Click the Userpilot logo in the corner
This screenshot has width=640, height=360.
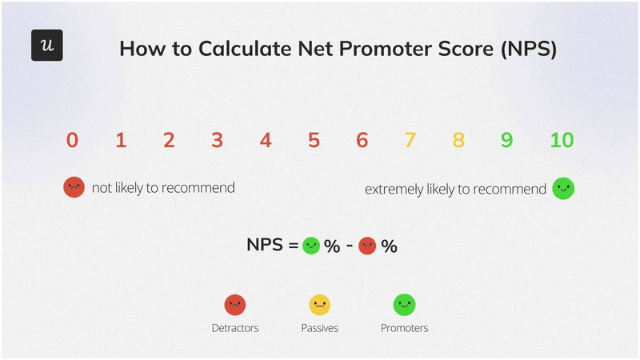click(47, 46)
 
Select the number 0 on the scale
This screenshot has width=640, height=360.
click(72, 141)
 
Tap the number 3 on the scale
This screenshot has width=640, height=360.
click(217, 141)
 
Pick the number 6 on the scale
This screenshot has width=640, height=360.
click(362, 141)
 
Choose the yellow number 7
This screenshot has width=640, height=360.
click(410, 141)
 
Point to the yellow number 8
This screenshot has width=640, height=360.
click(458, 141)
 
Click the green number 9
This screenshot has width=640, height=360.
click(506, 141)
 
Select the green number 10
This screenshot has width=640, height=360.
click(562, 141)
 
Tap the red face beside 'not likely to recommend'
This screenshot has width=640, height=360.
click(74, 188)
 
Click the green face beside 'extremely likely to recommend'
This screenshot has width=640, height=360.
click(563, 189)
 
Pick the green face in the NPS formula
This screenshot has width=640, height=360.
click(311, 246)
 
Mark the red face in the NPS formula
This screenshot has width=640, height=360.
click(367, 246)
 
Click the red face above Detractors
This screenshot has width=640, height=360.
click(234, 304)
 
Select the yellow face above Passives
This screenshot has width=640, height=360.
click(319, 304)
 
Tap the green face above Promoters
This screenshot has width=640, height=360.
click(404, 304)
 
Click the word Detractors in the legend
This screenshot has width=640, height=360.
click(234, 328)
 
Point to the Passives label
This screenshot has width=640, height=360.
click(319, 328)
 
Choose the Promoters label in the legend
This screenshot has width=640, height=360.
click(404, 328)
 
